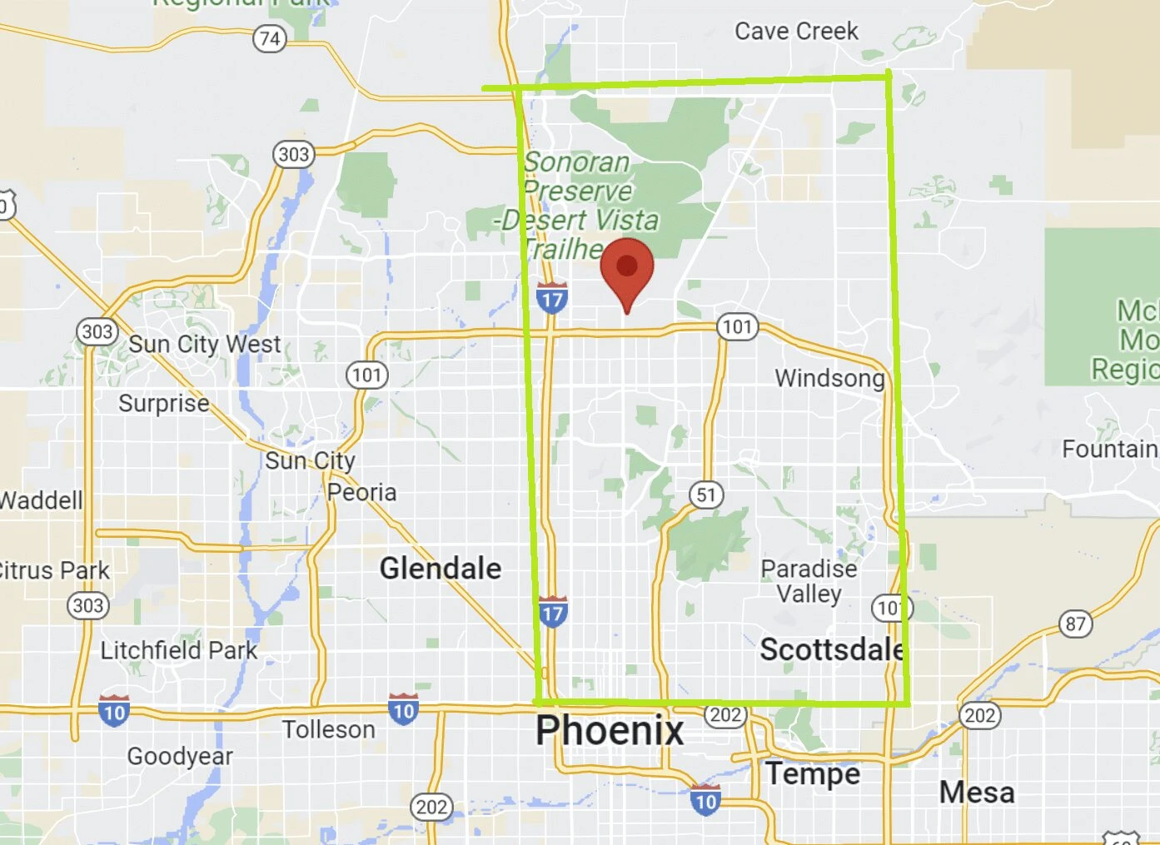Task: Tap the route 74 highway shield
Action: click(x=270, y=38)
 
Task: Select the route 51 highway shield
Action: click(x=706, y=495)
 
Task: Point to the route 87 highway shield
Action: click(x=1075, y=624)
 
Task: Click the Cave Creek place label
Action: click(x=796, y=32)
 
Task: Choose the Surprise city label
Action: click(x=164, y=403)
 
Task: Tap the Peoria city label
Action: click(x=361, y=492)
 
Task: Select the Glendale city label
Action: click(x=441, y=569)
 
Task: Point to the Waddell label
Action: click(x=42, y=500)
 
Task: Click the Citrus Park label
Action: click(x=55, y=570)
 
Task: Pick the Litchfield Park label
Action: click(x=179, y=650)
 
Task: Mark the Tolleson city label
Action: click(x=328, y=730)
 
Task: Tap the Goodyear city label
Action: click(x=180, y=756)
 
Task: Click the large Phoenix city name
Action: click(x=610, y=731)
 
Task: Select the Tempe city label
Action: click(x=813, y=773)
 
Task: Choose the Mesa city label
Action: click(x=977, y=792)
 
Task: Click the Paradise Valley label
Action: click(x=809, y=581)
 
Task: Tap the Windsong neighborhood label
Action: click(x=829, y=378)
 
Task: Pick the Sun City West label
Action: click(x=205, y=344)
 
